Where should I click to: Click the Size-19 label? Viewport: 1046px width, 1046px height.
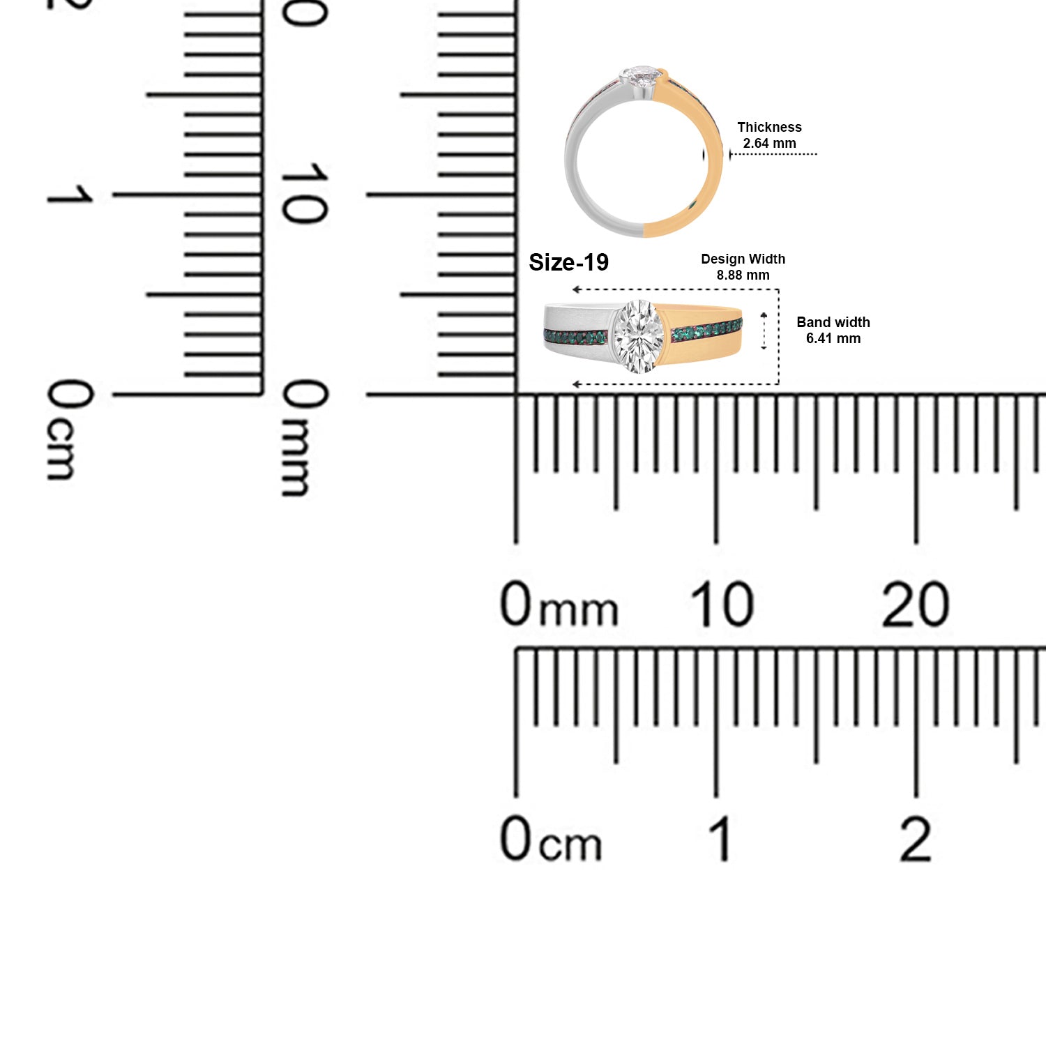[x=568, y=262]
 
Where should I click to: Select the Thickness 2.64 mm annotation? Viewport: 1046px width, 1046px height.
[x=769, y=135]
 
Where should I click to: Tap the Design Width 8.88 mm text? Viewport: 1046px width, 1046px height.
[x=743, y=267]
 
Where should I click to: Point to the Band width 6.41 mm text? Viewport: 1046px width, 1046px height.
[x=833, y=331]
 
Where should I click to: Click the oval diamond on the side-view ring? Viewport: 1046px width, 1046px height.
[x=639, y=336]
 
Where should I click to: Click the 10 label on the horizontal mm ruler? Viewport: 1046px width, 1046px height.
[x=722, y=603]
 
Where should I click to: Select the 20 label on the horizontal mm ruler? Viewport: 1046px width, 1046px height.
[x=915, y=604]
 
